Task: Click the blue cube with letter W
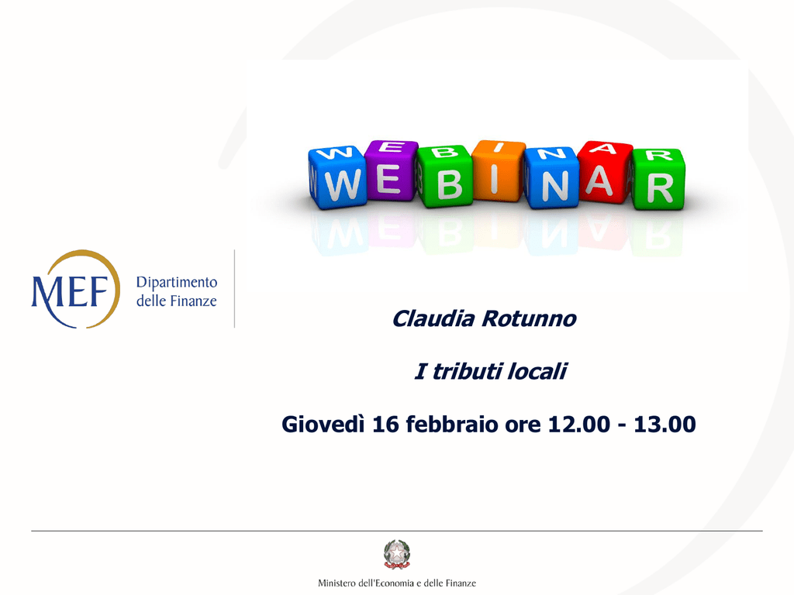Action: (x=338, y=177)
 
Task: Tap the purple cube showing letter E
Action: (x=391, y=171)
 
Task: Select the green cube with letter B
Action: (x=445, y=177)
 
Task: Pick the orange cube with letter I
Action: (x=499, y=171)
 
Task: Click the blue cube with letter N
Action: (x=551, y=177)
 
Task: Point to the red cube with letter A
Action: (x=605, y=172)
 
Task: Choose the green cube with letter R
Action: (x=658, y=179)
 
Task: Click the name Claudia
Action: (x=433, y=318)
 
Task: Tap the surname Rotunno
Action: (x=529, y=318)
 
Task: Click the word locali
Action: (x=537, y=371)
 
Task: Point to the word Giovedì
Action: (x=323, y=424)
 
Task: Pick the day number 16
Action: (x=385, y=424)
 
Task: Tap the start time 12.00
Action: (x=579, y=424)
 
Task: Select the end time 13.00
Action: (x=665, y=424)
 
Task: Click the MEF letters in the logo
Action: (x=70, y=292)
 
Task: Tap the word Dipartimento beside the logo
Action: (x=177, y=282)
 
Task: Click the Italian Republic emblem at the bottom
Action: (x=397, y=555)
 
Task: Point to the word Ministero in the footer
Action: (x=337, y=583)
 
